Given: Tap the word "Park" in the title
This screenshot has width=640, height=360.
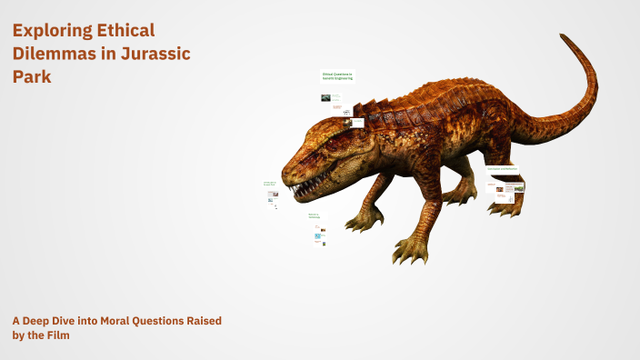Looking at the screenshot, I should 32,77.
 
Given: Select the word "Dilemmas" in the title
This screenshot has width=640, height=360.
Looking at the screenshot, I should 53,54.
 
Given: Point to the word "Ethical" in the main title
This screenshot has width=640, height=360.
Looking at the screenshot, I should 126,31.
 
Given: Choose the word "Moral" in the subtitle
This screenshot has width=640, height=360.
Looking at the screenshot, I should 107,321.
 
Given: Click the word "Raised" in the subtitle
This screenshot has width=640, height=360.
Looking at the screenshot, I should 202,321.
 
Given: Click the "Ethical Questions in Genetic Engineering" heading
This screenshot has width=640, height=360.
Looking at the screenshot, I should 337,76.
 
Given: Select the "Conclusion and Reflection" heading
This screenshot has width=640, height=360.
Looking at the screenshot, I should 502,169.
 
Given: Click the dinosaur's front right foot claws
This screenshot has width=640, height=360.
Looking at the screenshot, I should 364,222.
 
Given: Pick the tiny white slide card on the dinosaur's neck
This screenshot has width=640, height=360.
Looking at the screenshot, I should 357,123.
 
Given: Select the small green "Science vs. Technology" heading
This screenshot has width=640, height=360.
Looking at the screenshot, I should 314,216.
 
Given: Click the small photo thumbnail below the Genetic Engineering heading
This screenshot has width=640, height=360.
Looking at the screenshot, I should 325,97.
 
